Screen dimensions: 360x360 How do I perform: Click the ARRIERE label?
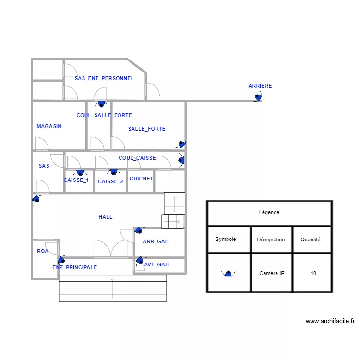pos(260,86)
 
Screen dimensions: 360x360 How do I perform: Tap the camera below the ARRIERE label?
pos(259,98)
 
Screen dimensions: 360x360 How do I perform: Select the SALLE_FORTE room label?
pos(147,129)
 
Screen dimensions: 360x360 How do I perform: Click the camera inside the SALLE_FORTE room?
pos(182,144)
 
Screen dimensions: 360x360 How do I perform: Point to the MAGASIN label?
pos(49,126)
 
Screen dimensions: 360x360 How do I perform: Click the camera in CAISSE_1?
pos(80,173)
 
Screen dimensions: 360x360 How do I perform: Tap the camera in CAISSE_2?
pos(114,172)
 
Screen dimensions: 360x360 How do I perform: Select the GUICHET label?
pos(141,179)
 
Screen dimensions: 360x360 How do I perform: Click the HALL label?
pos(106,217)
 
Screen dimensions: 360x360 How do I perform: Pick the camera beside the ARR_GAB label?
pos(138,230)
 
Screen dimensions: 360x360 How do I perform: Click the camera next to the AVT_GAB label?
pos(140,260)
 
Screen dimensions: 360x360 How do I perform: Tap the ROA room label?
pos(43,251)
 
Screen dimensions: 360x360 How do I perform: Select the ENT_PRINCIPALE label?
pos(74,267)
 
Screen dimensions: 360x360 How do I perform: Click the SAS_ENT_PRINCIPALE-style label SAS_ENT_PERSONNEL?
pos(104,78)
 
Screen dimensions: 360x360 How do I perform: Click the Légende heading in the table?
pos(269,212)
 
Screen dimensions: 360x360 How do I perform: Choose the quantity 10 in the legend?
pos(313,273)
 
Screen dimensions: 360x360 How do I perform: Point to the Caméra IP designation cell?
pos(272,273)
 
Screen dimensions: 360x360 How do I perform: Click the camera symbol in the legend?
pos(228,274)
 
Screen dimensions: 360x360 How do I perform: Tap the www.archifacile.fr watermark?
pos(330,321)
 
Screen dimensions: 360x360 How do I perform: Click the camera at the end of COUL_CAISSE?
pos(181,160)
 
